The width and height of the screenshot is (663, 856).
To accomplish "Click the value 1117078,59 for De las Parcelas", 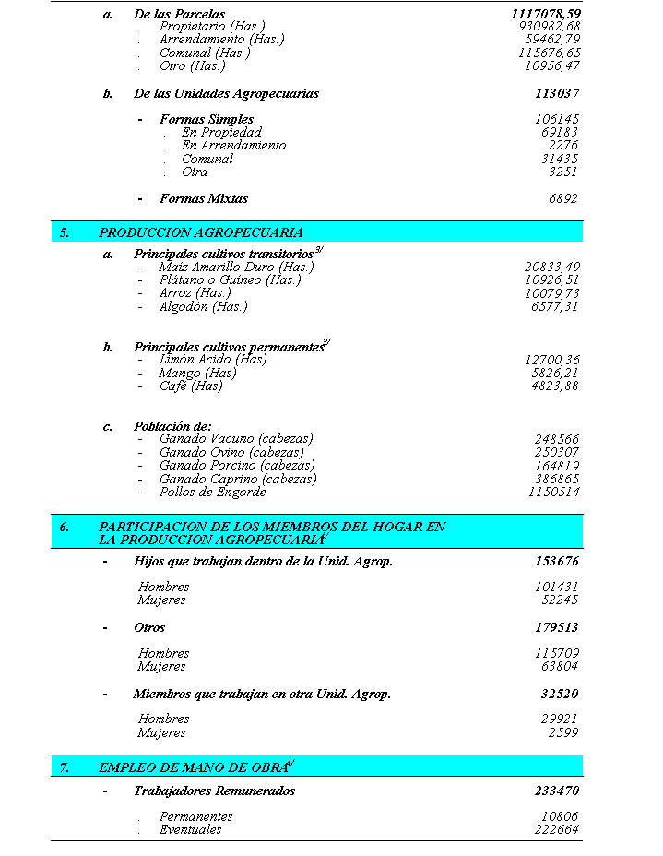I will [x=546, y=15].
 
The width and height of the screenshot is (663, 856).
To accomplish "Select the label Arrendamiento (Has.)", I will [x=221, y=40].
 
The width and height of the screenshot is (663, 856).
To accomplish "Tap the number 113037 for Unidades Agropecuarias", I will [x=557, y=93].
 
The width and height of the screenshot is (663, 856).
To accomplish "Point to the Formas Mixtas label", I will [x=203, y=198].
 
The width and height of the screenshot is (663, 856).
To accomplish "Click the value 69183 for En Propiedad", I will [x=560, y=133].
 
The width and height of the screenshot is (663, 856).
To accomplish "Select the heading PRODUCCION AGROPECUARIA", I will [x=201, y=232].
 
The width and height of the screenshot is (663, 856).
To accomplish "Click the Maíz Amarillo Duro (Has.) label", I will [x=236, y=267].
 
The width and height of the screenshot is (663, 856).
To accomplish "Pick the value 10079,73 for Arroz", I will [x=552, y=293].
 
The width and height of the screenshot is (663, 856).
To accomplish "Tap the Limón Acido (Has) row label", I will [x=213, y=360].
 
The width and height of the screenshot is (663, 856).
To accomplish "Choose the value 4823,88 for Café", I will [x=552, y=386].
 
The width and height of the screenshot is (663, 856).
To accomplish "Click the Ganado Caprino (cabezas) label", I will [x=238, y=479].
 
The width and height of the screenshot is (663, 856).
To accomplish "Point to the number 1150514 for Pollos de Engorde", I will [x=554, y=493].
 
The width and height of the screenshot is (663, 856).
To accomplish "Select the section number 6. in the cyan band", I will [x=65, y=527].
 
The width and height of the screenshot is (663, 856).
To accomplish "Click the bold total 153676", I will [x=557, y=561].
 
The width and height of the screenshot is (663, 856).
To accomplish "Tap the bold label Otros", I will [x=149, y=627].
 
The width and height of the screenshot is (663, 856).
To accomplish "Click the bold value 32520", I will [x=560, y=694].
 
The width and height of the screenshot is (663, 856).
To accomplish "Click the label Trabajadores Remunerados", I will [x=214, y=791].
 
